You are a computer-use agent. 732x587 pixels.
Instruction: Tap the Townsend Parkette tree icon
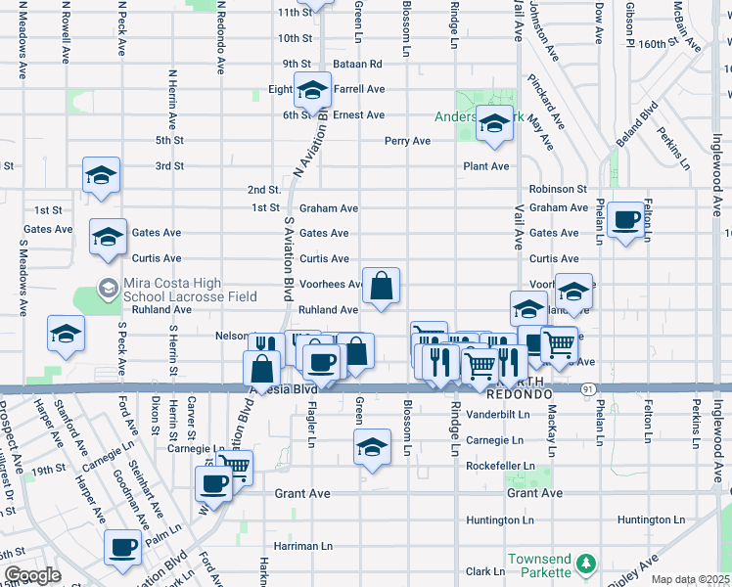click(x=585, y=564)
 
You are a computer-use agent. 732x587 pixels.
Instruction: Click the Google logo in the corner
click(x=32, y=575)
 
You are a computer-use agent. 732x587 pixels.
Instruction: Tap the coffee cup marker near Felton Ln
click(x=625, y=219)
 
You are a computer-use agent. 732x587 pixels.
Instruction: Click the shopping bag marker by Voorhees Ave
click(x=382, y=286)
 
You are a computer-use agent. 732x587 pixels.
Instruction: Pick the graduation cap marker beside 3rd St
click(x=101, y=175)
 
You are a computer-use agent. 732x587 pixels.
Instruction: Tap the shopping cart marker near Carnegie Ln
click(x=234, y=467)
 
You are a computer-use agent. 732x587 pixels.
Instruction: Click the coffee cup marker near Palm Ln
click(x=122, y=548)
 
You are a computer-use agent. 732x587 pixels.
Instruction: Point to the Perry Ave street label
click(x=407, y=141)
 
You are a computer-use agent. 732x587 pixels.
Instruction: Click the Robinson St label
click(x=557, y=189)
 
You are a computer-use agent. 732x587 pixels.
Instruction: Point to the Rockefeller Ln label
click(x=501, y=467)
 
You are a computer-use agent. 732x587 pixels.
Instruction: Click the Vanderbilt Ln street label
click(x=497, y=414)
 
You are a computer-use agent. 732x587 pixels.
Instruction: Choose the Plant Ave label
click(x=486, y=166)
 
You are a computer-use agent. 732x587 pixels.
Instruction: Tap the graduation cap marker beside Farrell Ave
click(x=312, y=90)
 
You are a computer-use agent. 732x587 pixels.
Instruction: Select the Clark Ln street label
click(x=484, y=571)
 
